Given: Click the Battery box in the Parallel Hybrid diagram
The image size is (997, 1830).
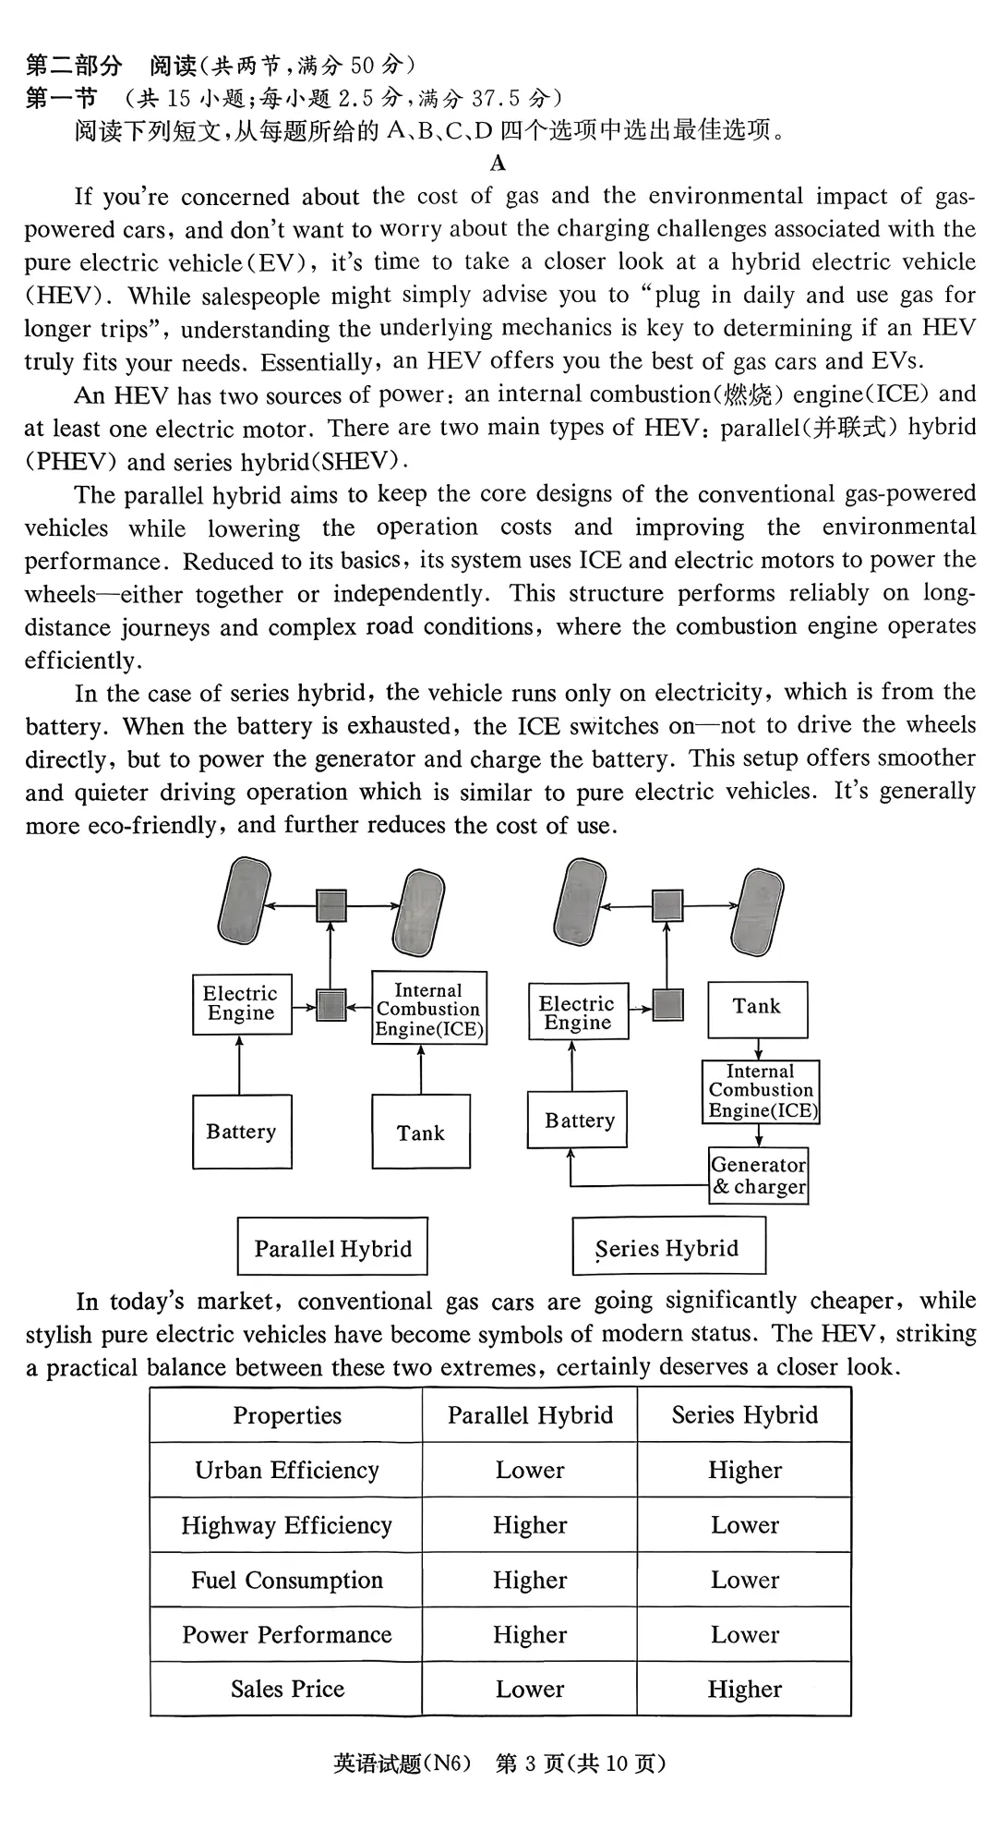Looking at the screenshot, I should pos(242,1132).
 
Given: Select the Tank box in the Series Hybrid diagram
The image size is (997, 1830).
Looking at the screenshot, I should pos(757,1010).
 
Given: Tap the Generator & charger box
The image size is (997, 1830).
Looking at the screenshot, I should pos(758,1176).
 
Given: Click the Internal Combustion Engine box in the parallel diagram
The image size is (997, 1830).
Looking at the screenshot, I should pos(429,1008).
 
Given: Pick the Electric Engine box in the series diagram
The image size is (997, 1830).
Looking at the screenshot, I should pos(577,1012).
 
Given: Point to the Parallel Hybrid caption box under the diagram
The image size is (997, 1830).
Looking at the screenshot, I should pos(332,1247).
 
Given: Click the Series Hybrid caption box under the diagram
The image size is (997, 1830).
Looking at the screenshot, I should pos(668,1247).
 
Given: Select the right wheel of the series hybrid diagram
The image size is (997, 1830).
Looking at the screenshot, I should pos(758,911).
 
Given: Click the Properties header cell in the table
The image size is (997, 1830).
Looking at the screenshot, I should pos(287,1415).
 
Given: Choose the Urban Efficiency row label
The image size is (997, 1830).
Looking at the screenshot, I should pos(287,1470).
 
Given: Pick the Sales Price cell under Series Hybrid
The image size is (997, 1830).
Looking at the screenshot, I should pos(744,1689).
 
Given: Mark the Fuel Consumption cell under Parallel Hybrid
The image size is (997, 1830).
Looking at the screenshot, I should pos(530,1580).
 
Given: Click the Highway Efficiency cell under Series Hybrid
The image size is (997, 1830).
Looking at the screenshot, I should pos(744,1525).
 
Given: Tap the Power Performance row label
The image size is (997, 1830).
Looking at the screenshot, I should pos(287,1634).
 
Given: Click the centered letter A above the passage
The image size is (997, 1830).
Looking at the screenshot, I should pos(498,164).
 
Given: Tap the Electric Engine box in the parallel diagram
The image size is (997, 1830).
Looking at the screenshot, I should pos(241,1003).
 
